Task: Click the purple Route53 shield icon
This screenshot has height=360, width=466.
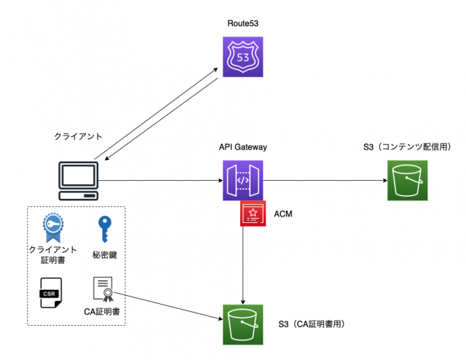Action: tap(242, 56)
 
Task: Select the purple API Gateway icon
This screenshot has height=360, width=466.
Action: tap(242, 180)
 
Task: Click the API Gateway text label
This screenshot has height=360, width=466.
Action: tap(243, 147)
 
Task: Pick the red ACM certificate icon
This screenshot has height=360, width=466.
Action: tap(253, 213)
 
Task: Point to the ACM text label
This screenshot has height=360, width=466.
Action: tap(283, 214)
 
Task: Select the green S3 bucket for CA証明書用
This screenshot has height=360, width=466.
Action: tap(242, 324)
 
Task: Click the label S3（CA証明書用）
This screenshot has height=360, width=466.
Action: tap(311, 324)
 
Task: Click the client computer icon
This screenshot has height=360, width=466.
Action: tap(77, 181)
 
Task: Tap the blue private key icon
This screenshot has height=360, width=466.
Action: tap(105, 228)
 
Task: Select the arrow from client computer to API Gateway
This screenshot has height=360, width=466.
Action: tap(160, 180)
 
